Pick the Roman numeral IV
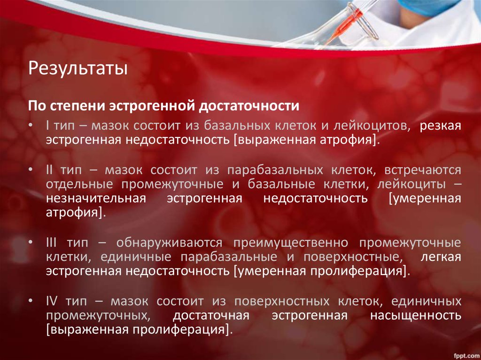tap(52, 300)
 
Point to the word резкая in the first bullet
tap(440, 126)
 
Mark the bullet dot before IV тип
tap(31, 301)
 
